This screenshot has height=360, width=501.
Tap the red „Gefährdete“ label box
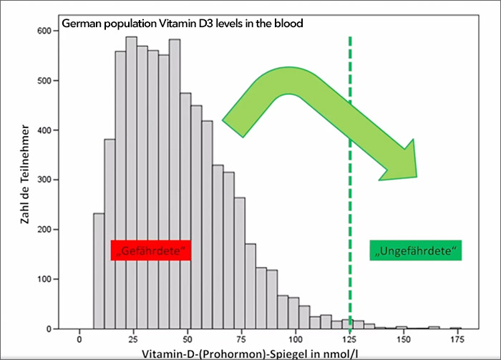pyautogui.click(x=150, y=250)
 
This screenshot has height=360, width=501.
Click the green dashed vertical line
pyautogui.click(x=350, y=215)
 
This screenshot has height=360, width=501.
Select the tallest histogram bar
pyautogui.click(x=131, y=183)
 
